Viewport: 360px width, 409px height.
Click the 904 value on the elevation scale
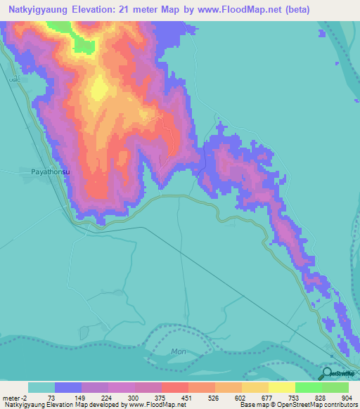346,398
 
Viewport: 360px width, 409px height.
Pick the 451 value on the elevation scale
188,398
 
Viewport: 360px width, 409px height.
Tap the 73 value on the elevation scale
51,398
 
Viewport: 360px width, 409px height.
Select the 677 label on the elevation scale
267,398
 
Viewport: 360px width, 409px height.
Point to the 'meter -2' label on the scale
15,398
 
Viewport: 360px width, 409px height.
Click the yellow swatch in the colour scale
281,387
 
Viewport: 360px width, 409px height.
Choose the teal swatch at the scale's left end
41,387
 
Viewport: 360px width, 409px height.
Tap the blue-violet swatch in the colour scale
68,387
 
